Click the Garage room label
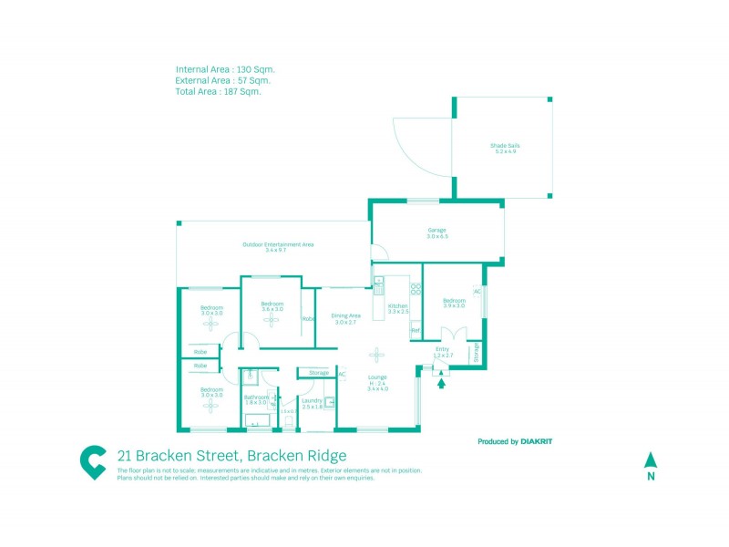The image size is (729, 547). pyautogui.click(x=437, y=230)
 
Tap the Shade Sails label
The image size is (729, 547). pyautogui.click(x=505, y=146)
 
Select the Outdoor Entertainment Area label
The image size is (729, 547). pyautogui.click(x=278, y=244)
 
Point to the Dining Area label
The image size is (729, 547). pyautogui.click(x=345, y=315)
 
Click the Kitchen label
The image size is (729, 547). pyautogui.click(x=397, y=305)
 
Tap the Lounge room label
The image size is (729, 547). pyautogui.click(x=377, y=377)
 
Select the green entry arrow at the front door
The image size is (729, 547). pyautogui.click(x=442, y=383)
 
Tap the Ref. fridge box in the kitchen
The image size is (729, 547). pyautogui.click(x=415, y=331)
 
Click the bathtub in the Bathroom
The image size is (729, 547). pyautogui.click(x=257, y=421)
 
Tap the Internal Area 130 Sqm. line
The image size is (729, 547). pyautogui.click(x=225, y=68)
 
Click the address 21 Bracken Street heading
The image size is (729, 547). pyautogui.click(x=231, y=455)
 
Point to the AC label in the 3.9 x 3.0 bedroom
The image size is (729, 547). pyautogui.click(x=477, y=292)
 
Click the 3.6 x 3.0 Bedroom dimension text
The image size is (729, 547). pyautogui.click(x=272, y=310)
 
